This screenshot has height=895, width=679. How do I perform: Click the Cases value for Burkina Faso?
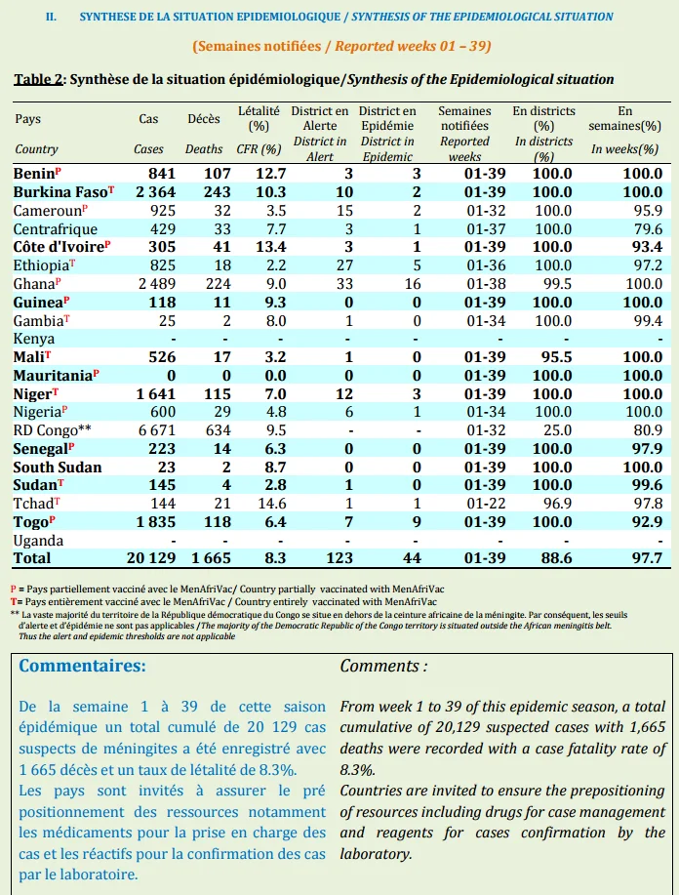(156, 191)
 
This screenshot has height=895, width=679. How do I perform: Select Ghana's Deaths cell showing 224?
(219, 284)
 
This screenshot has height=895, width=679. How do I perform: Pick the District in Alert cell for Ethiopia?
(344, 265)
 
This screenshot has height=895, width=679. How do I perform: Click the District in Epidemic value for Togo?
(417, 522)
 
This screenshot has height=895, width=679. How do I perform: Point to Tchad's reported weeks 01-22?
(486, 504)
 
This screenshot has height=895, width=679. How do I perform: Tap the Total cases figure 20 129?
(151, 558)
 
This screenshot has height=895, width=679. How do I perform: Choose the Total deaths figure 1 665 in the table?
(211, 558)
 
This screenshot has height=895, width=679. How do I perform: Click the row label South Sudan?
(58, 467)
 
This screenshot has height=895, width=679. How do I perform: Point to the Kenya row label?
(34, 339)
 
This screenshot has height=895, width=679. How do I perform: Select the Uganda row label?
(38, 540)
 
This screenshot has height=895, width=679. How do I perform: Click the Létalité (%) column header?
(260, 118)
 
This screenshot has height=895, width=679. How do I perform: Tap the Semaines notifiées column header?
(464, 118)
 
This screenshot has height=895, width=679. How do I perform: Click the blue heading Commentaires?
(82, 666)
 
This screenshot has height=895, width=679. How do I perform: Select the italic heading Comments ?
(383, 666)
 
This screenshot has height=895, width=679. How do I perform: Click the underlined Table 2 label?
(38, 79)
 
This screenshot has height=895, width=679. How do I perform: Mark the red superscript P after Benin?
(59, 170)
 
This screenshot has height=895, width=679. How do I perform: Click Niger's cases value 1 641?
(156, 394)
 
